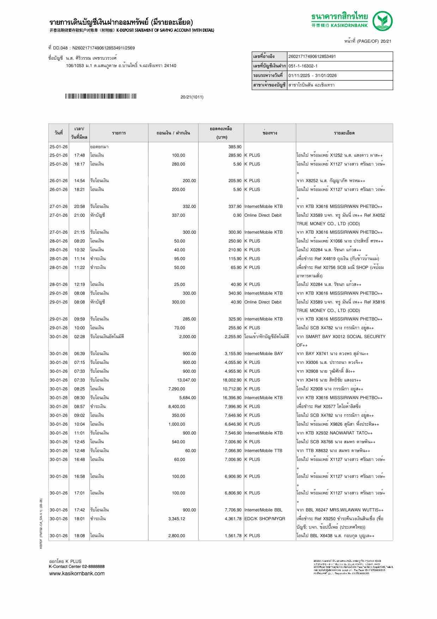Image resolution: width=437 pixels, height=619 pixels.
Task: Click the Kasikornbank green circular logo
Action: coord(383,21)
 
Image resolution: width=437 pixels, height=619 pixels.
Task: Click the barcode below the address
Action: coord(101,96)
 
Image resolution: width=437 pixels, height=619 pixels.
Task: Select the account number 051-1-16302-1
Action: coord(303,66)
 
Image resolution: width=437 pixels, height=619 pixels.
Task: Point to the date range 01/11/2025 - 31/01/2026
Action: coord(312,76)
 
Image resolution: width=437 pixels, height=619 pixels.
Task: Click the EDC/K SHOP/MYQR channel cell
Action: coord(265,519)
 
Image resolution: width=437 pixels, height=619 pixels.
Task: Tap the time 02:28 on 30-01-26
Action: coord(79,337)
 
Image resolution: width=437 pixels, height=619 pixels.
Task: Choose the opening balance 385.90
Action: coord(235,147)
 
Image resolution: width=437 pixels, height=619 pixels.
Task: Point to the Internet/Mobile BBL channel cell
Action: coord(263,510)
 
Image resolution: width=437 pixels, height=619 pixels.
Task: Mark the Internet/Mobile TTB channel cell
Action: coord(263,451)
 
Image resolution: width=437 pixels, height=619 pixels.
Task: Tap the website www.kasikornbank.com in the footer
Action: coord(77,573)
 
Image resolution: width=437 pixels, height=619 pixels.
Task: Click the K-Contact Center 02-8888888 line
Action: coord(77,566)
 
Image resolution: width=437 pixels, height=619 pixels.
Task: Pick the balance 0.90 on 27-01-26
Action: coord(237,215)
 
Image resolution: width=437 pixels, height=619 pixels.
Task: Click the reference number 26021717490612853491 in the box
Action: coord(312,56)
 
